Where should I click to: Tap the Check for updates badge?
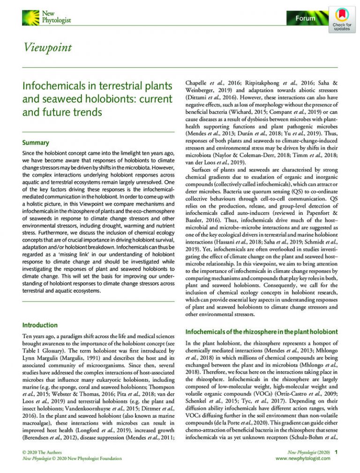[x=342, y=19]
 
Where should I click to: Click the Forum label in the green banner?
[x=305, y=18]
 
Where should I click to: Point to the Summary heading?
[x=36, y=142]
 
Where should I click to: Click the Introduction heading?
[x=40, y=325]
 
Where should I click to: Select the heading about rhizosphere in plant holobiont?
[x=261, y=332]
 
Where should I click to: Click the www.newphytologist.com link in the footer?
[x=303, y=458]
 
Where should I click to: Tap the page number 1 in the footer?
[x=336, y=452]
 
